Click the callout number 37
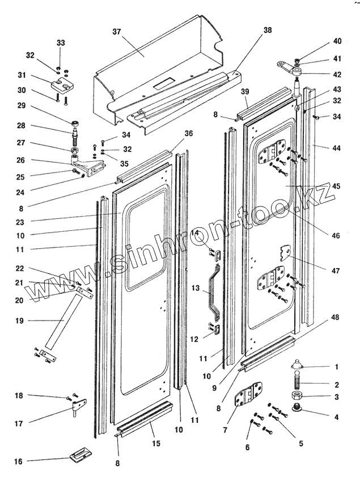point(117,32)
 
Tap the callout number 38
point(268,30)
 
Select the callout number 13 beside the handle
point(196,289)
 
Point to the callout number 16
point(19,461)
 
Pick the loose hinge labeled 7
point(248,395)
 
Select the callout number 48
point(335,317)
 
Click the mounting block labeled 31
point(63,84)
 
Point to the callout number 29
point(22,105)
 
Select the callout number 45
point(336,187)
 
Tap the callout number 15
point(156,443)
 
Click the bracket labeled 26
point(87,165)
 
